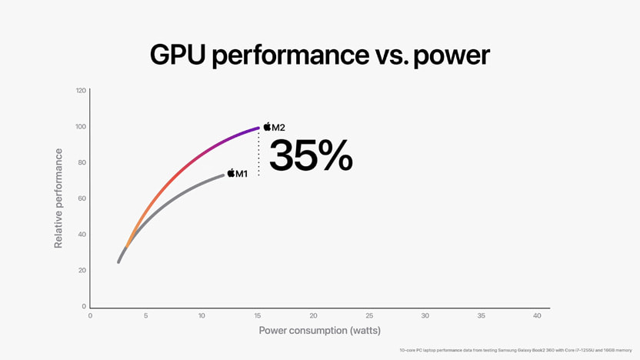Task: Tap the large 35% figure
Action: tap(311, 155)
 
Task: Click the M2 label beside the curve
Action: tap(279, 127)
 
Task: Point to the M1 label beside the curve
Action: tap(242, 174)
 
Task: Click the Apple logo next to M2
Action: tap(268, 126)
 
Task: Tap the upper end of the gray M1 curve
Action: tap(223, 175)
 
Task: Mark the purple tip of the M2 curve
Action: tap(258, 128)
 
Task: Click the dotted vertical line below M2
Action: tap(258, 154)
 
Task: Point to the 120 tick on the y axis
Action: tap(81, 91)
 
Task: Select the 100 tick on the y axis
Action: tap(81, 127)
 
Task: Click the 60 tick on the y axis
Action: tap(82, 198)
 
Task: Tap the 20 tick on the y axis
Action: tap(82, 271)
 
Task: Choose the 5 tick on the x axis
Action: tap(146, 316)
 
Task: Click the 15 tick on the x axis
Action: tap(258, 316)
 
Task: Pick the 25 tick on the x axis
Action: tap(369, 316)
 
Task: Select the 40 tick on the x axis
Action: tap(537, 316)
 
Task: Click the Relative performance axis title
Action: tap(58, 198)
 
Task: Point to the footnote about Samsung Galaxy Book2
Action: tap(515, 350)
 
